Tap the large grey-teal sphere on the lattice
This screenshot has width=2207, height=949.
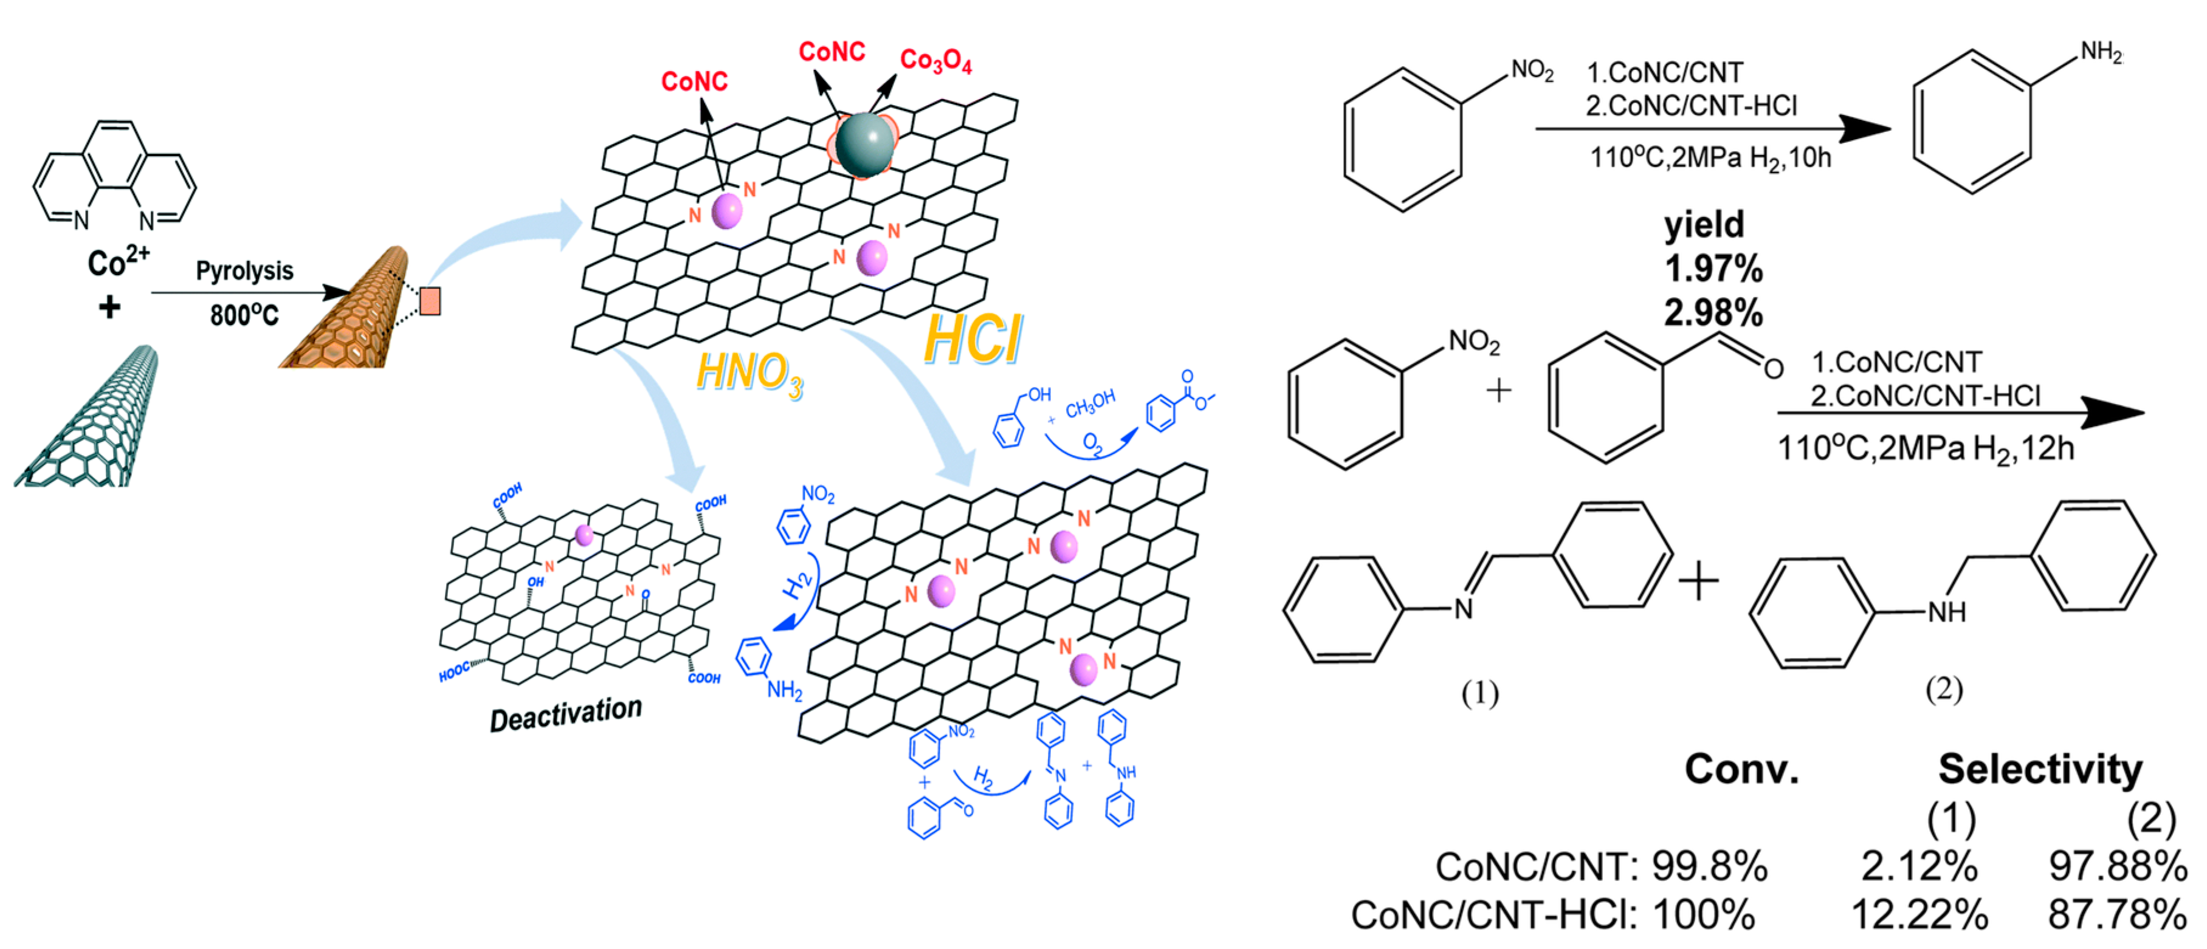click(x=864, y=145)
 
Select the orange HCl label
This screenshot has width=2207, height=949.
click(x=973, y=340)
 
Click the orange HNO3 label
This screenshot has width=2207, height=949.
click(x=749, y=374)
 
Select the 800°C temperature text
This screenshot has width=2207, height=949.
click(x=244, y=315)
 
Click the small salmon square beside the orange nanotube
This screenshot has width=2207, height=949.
click(x=430, y=301)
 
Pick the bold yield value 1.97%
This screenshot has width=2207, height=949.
click(x=1713, y=269)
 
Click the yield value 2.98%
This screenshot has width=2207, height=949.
click(x=1713, y=313)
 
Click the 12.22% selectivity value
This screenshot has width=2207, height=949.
click(x=1919, y=915)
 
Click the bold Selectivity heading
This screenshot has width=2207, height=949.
click(x=2040, y=769)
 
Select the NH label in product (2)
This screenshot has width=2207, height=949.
click(x=1946, y=612)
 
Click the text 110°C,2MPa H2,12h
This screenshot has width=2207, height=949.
click(x=1925, y=448)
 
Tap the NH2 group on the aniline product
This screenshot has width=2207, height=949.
click(x=2101, y=52)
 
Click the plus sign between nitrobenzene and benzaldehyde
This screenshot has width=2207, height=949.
click(x=1498, y=391)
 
